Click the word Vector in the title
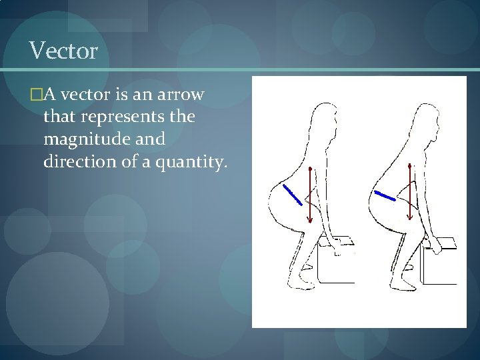[x=63, y=50]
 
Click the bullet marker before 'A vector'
[x=35, y=95]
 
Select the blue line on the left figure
[x=291, y=194]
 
